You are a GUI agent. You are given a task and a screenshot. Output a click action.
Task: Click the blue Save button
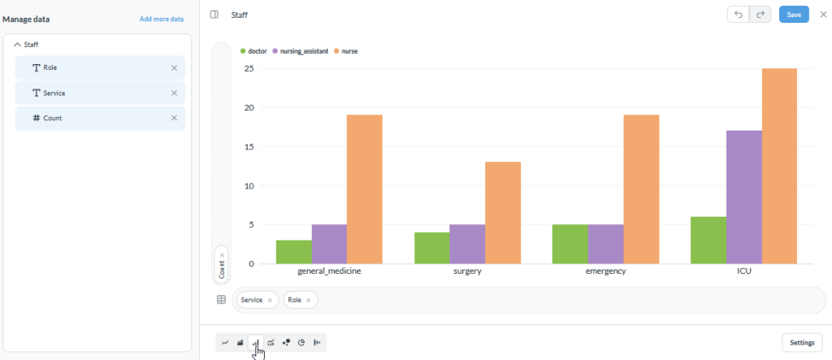coord(794,15)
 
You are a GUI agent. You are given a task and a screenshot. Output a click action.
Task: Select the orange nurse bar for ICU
coord(779,167)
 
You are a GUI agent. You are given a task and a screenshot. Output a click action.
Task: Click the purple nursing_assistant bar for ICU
coord(744,197)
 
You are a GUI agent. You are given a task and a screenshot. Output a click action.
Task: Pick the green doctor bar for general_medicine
coord(294,252)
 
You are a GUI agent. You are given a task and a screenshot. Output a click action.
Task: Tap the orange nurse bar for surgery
coord(502,213)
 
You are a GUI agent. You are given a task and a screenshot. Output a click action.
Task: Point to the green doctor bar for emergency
coord(570,245)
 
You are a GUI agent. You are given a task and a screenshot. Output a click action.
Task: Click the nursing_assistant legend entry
coord(301,51)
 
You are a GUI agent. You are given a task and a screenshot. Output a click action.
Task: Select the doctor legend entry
coord(253,51)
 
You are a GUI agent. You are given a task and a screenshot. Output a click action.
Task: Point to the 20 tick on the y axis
coord(249,108)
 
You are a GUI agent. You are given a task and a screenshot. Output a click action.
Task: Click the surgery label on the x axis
coord(467,271)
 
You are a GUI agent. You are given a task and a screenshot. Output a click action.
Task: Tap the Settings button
coord(802,342)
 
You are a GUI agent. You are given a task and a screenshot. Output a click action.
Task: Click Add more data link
coord(162,20)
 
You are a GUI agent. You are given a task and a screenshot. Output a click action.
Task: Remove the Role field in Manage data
coord(174,68)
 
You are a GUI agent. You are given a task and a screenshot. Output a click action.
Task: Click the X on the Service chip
coord(270,300)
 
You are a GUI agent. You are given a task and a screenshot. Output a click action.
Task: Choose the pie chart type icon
coord(301,342)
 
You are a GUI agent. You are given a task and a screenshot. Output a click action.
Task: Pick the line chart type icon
coord(225,342)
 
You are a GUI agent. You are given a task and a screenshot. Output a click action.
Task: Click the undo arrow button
coord(738,15)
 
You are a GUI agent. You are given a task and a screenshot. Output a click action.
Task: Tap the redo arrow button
coord(760,15)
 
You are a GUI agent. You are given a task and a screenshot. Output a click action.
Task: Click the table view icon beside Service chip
coord(221,300)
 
